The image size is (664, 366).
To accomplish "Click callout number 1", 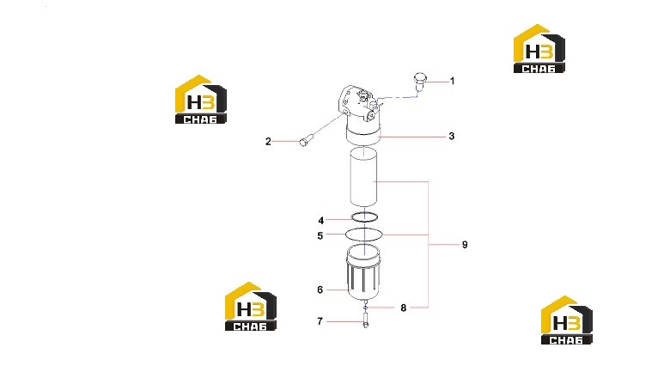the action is pyautogui.click(x=453, y=81).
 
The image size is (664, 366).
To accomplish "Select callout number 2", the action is pyautogui.click(x=268, y=142).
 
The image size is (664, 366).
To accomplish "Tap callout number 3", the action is pyautogui.click(x=452, y=136).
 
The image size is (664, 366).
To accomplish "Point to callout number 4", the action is pyautogui.click(x=321, y=221).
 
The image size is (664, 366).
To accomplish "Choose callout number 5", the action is pyautogui.click(x=320, y=235).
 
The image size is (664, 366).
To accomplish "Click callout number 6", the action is pyautogui.click(x=320, y=290).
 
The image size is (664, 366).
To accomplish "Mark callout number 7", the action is pyautogui.click(x=320, y=321).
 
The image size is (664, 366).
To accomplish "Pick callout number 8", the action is pyautogui.click(x=403, y=308).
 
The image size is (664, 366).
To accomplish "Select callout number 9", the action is pyautogui.click(x=465, y=244).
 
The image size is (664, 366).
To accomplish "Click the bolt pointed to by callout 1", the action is pyautogui.click(x=420, y=82).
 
